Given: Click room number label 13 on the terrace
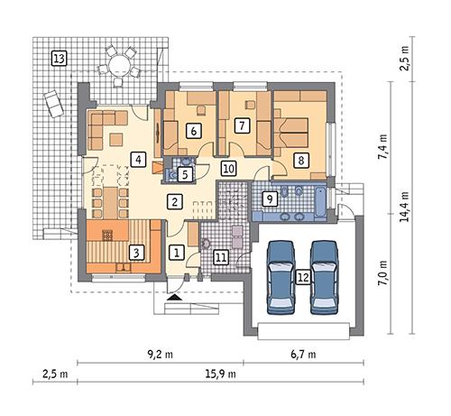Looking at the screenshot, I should [60, 60].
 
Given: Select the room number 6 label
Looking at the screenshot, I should [194, 129].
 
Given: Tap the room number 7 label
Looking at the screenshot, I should [242, 127].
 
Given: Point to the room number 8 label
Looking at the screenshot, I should [302, 160].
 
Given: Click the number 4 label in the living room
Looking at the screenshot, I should [138, 160].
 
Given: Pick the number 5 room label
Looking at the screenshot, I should [184, 174].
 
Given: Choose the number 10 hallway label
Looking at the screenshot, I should [228, 168].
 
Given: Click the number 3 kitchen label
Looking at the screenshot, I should [136, 253].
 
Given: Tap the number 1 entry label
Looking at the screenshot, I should [178, 253].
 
